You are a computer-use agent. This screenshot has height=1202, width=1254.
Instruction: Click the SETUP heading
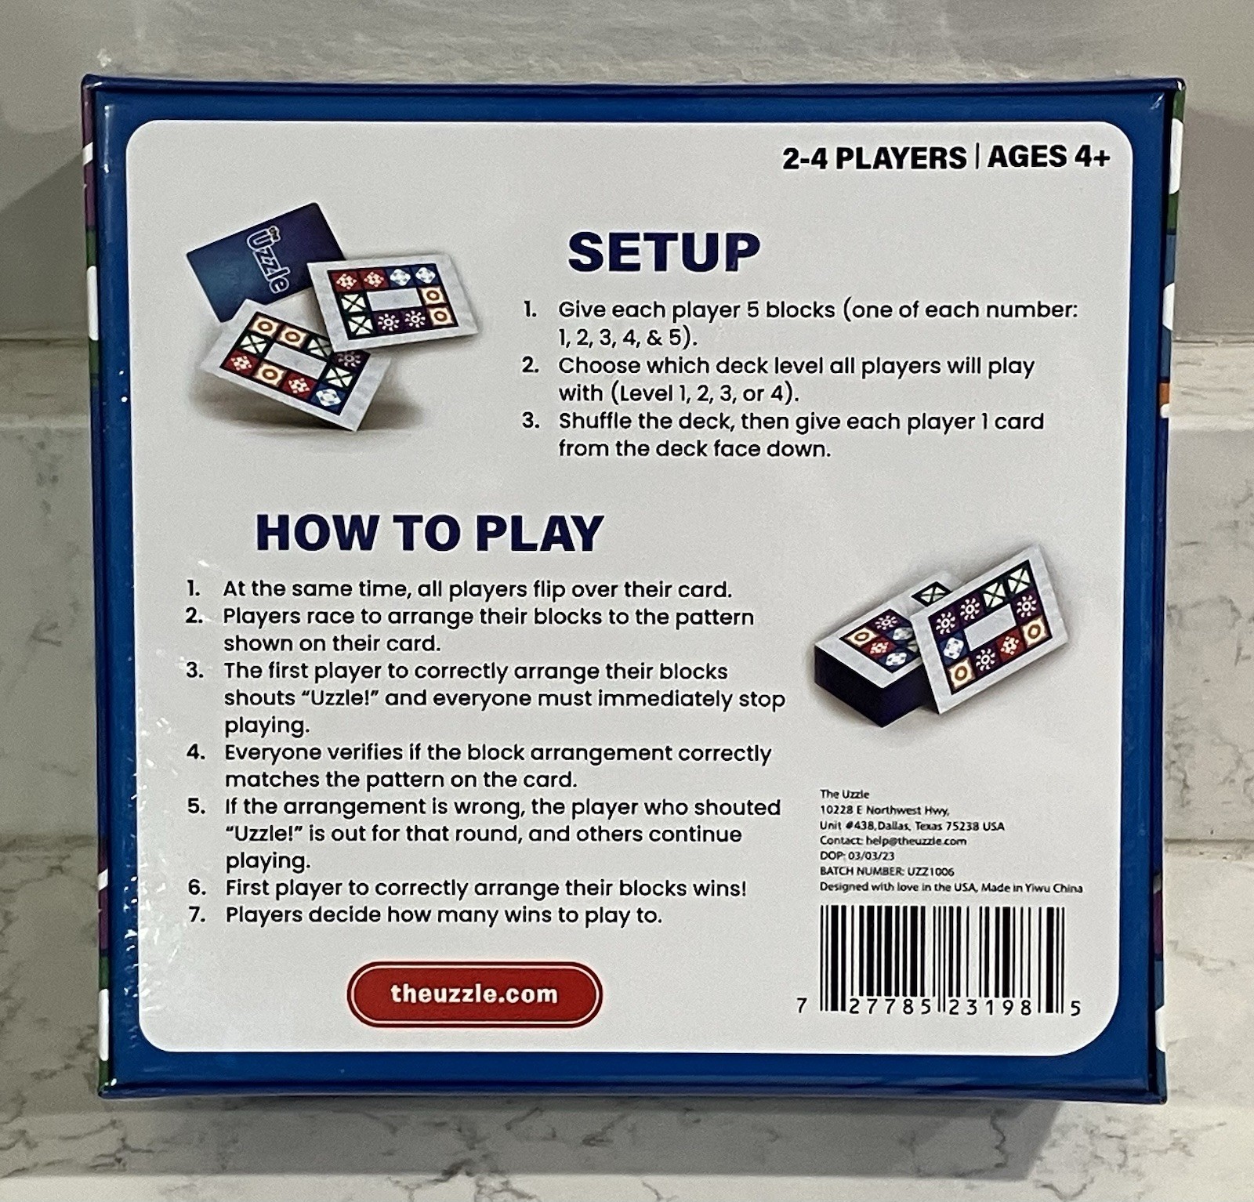click(x=664, y=252)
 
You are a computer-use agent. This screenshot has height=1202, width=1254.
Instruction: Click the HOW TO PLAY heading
click(x=429, y=533)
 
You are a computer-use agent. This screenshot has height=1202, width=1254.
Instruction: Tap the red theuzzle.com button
click(x=474, y=994)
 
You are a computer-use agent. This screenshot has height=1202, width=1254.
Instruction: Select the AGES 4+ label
click(x=1049, y=157)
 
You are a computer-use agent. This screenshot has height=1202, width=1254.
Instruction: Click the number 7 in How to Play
click(x=197, y=914)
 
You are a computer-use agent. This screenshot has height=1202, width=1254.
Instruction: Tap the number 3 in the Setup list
click(x=531, y=421)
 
